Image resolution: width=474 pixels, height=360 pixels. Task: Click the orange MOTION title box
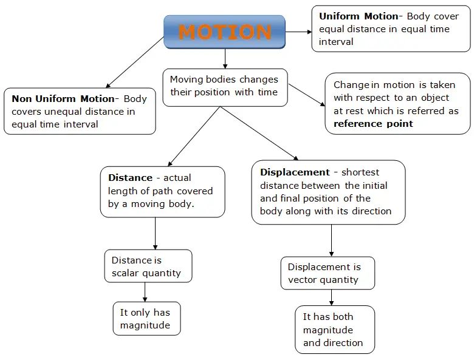coord(225,32)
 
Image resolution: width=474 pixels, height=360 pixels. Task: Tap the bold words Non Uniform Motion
coord(63,98)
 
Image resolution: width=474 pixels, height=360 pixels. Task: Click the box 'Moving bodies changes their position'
coord(225,86)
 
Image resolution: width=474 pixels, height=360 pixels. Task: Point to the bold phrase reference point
coord(373,124)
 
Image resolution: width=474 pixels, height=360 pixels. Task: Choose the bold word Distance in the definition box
coord(130,178)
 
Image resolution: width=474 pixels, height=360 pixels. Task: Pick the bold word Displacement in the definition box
coord(295,172)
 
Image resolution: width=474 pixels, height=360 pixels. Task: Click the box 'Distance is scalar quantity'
coord(148,267)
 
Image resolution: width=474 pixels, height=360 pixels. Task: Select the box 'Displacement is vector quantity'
coord(327,273)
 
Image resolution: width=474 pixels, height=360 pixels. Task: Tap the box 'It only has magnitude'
coord(146,319)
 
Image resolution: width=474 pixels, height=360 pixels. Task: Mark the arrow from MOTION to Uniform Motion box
coord(298,32)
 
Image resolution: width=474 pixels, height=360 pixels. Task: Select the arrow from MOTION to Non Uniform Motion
coord(135,63)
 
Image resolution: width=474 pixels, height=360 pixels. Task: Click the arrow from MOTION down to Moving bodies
coord(225,58)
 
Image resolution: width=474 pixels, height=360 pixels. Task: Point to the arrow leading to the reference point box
coord(307,96)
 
